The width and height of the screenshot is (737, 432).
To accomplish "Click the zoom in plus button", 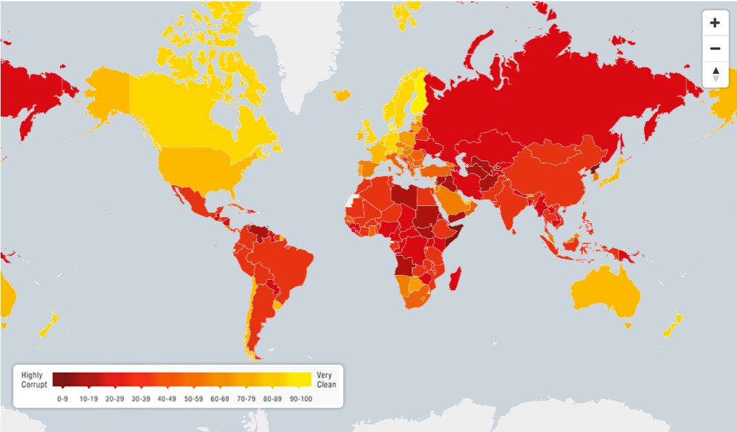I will (x=715, y=23).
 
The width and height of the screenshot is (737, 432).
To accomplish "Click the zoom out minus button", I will (x=715, y=48).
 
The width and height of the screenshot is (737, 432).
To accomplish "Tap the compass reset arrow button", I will (x=715, y=74).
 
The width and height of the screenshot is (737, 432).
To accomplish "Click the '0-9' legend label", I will (x=62, y=398).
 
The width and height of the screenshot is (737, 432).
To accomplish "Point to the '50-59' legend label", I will (x=194, y=398).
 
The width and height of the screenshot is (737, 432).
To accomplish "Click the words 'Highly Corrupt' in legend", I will (x=33, y=380).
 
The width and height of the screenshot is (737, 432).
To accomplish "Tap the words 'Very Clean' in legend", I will (x=326, y=380).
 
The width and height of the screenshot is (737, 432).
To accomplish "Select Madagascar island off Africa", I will (x=455, y=280).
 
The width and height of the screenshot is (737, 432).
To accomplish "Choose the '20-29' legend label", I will (x=114, y=398).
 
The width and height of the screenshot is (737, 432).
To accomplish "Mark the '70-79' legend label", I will (x=246, y=398).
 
